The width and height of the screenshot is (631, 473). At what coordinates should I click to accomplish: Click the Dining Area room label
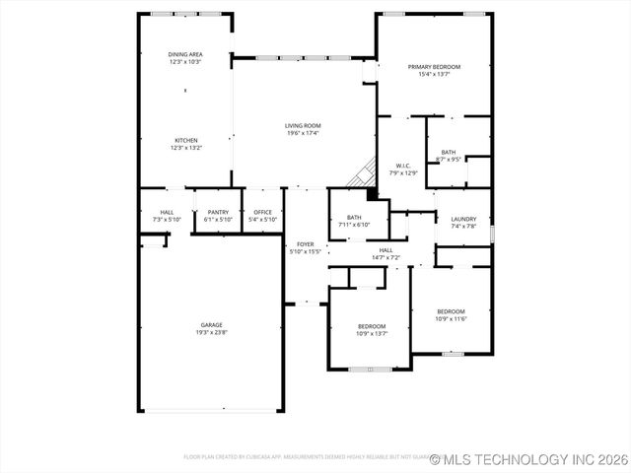click(x=185, y=55)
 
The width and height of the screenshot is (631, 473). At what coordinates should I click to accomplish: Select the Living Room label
click(x=303, y=126)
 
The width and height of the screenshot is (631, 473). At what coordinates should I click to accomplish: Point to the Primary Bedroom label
click(x=434, y=67)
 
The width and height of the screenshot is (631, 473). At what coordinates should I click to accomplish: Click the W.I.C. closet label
click(x=403, y=166)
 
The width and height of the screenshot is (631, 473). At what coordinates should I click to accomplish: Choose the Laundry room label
click(x=462, y=219)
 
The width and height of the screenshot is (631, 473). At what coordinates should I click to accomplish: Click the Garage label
click(x=211, y=325)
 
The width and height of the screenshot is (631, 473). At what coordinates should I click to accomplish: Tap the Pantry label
click(x=217, y=212)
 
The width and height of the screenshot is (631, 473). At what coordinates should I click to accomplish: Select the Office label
click(x=262, y=212)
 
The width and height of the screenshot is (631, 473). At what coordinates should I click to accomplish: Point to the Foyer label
click(x=305, y=243)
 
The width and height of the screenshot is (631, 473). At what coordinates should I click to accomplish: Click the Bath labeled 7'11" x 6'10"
click(x=354, y=218)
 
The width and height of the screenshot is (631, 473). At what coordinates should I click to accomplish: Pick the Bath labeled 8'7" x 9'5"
click(x=449, y=153)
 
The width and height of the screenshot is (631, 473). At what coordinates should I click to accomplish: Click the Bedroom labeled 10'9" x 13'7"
click(x=371, y=326)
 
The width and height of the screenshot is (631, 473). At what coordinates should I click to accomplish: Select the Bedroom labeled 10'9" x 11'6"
click(x=451, y=311)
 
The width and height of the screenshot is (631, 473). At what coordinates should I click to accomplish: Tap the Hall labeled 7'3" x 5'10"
click(x=167, y=212)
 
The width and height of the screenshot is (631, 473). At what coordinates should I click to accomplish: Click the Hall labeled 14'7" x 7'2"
click(x=386, y=250)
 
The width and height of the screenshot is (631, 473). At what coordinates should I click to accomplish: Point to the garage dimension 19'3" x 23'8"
click(x=211, y=333)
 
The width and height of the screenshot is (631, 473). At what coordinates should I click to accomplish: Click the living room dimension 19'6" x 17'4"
click(x=303, y=134)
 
